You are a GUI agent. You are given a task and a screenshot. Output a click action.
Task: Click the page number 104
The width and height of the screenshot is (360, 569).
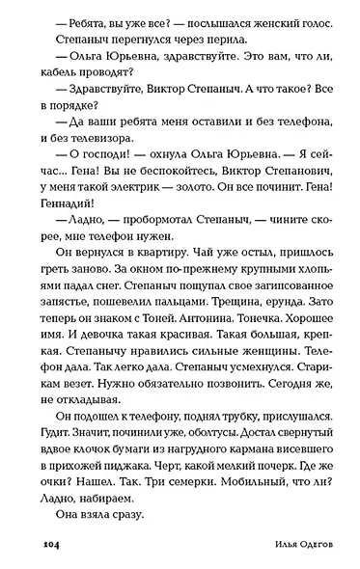point(52,546)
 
